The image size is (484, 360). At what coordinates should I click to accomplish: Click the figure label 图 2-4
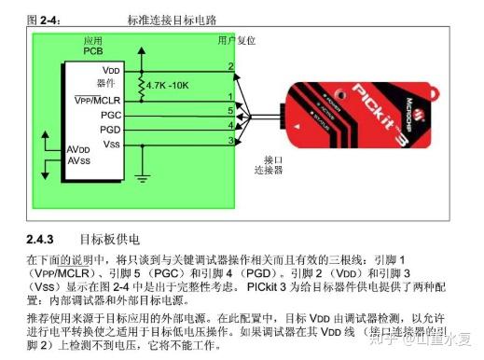44,19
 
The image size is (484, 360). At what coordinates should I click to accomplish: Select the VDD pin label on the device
111,71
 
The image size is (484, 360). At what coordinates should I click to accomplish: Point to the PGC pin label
111,113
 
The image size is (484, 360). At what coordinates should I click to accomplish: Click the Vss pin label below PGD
111,144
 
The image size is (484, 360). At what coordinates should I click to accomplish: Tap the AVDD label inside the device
78,149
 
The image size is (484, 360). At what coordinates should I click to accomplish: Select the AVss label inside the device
78,161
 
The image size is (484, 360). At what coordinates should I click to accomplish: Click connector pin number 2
229,66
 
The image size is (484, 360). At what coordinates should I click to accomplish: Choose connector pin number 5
229,110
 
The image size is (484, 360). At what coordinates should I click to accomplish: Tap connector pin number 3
229,140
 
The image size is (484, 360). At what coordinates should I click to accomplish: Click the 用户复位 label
236,42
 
